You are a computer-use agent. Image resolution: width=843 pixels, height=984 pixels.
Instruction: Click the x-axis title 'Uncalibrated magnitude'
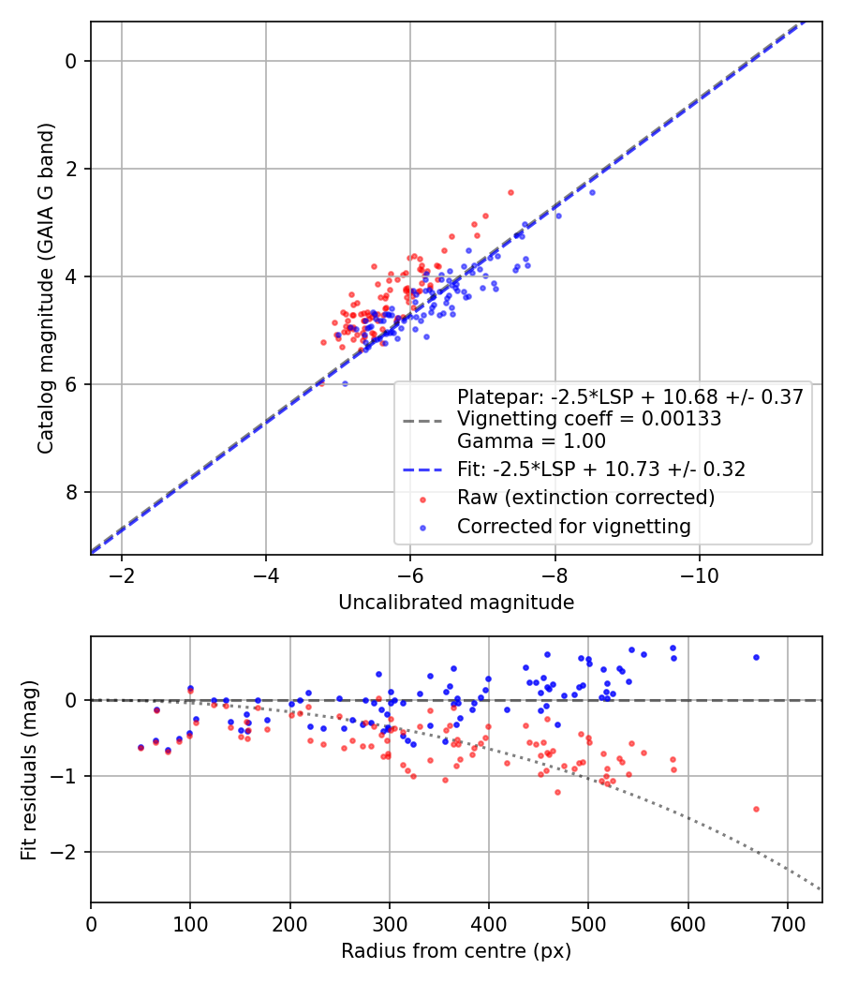coord(456,603)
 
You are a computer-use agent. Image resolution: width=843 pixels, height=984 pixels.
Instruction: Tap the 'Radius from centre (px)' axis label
coord(456,951)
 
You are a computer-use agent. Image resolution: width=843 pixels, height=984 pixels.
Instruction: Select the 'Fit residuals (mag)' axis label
coord(29,768)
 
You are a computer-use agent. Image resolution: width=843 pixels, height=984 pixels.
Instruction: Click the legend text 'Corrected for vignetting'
coord(573,527)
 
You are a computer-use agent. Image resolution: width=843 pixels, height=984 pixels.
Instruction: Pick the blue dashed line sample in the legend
coord(421,470)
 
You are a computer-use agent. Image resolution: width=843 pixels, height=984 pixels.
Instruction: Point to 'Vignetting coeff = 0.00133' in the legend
coord(588,419)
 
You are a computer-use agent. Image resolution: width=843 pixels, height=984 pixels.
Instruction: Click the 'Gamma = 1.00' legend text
coord(531,441)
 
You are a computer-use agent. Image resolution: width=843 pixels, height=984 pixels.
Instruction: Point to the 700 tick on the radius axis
coord(787,923)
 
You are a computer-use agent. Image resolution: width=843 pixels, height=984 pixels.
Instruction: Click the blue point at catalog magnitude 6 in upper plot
coord(345,383)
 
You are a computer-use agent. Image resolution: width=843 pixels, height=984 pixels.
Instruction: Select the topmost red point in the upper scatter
coord(510,192)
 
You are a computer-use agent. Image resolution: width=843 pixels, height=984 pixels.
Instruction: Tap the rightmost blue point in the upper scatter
coord(591,192)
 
